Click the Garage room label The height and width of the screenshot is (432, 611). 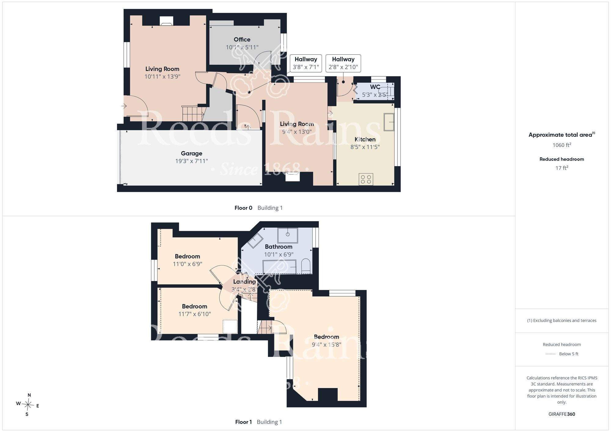tap(192, 153)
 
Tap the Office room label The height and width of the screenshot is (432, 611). tap(242, 39)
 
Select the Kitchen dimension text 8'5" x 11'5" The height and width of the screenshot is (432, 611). tap(365, 147)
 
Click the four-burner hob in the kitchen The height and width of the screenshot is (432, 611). tap(366, 179)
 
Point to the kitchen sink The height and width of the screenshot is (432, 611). tap(389, 122)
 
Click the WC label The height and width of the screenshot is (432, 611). tap(375, 87)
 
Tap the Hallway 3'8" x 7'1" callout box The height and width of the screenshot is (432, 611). tap(306, 63)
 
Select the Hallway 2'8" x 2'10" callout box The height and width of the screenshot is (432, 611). tap(343, 63)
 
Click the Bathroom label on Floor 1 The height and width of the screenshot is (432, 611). tap(279, 247)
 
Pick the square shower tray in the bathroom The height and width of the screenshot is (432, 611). tap(287, 235)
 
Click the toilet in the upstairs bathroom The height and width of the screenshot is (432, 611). tap(306, 266)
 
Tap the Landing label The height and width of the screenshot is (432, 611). tap(244, 282)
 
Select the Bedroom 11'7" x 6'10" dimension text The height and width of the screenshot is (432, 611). tap(195, 314)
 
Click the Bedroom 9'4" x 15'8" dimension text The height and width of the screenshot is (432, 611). tap(327, 345)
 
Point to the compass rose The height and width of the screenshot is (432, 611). tap(28, 405)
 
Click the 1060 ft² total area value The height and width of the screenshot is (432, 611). tap(562, 145)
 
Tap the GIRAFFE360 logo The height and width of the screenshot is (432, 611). tap(562, 414)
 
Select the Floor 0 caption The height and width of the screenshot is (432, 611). tap(243, 208)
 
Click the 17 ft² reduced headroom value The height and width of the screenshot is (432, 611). tap(562, 168)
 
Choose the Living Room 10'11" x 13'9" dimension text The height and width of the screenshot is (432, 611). tap(163, 76)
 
